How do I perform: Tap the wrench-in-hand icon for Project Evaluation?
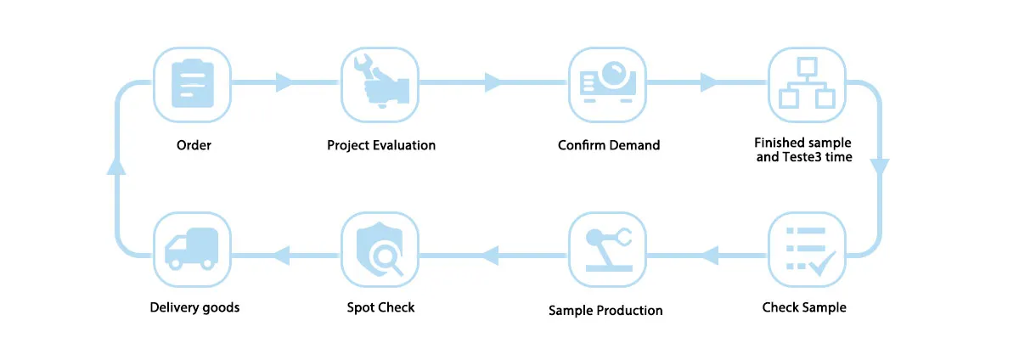tap(380, 83)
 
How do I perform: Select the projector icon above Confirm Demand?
tap(608, 83)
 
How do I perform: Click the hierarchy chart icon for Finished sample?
tap(803, 83)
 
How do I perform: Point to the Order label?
tap(194, 145)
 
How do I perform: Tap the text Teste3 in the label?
tap(801, 157)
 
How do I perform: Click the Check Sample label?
tap(803, 307)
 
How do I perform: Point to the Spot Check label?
tap(380, 307)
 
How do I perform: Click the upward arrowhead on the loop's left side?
tap(116, 166)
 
